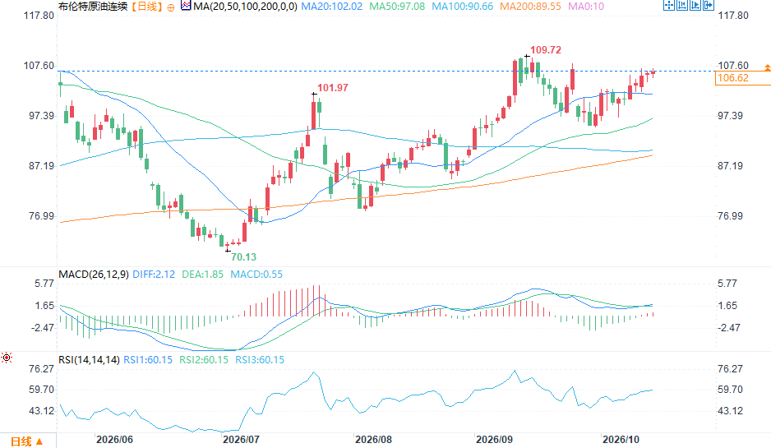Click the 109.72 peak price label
coord(545,49)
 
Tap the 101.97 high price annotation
coord(332,87)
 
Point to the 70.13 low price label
coord(243,256)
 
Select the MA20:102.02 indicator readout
coord(331,7)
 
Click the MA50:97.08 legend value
coord(397,7)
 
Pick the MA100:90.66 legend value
coord(462,7)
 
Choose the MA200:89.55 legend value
coord(530,7)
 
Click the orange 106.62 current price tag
coord(732,78)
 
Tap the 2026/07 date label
coord(241,439)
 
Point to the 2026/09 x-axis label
coord(494,439)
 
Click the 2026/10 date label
coord(621,439)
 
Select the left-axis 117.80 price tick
coord(39,16)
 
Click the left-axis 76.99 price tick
coord(42,216)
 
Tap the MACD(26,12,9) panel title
coord(94,274)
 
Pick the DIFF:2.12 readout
coord(154,274)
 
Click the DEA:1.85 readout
coord(202,274)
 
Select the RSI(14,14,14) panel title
coord(89,359)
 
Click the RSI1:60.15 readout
coord(148,359)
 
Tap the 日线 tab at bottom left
coord(21,441)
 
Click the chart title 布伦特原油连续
coord(93,7)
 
